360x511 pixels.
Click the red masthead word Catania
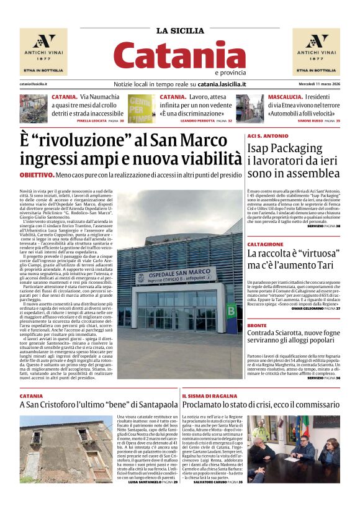click(x=179, y=55)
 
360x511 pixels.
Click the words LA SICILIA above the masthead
click(x=180, y=31)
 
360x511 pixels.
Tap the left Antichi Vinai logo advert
click(x=43, y=52)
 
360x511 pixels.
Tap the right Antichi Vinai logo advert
click(x=317, y=52)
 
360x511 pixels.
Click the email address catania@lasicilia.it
click(x=34, y=84)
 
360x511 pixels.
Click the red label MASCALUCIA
click(x=285, y=97)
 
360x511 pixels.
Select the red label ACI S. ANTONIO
click(x=268, y=135)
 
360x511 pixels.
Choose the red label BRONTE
click(x=257, y=325)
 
